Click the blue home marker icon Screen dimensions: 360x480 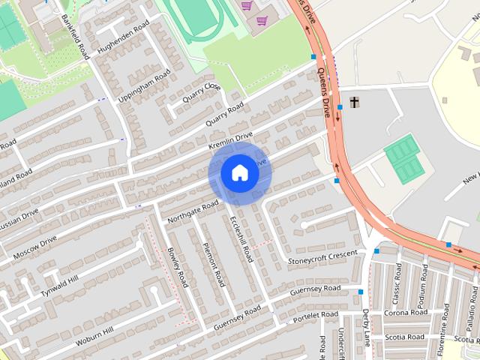coord(239,173)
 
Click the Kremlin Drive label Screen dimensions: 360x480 coord(230,140)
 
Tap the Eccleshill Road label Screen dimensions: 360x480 coord(241,239)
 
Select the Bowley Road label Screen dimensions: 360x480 coord(177,267)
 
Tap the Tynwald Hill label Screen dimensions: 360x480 coord(60,286)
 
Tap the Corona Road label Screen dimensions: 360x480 coord(405,312)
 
